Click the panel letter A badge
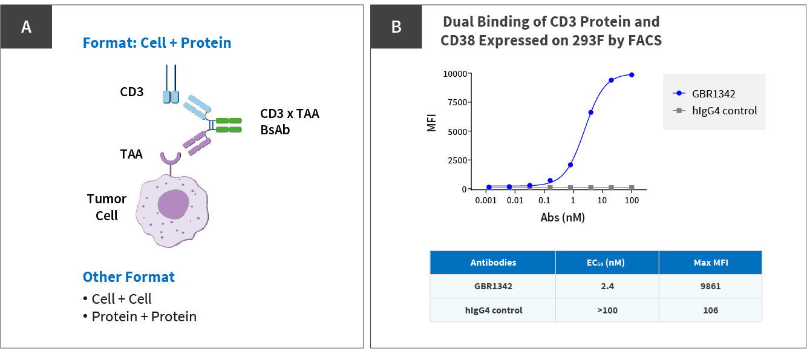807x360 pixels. [x=26, y=27]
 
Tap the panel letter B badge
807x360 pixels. [x=396, y=27]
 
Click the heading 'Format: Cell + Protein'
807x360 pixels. [x=157, y=43]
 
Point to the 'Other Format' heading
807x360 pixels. [x=129, y=277]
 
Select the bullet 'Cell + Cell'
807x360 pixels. [x=122, y=299]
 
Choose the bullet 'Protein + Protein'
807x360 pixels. [x=144, y=316]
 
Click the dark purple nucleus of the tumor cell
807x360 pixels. [x=173, y=203]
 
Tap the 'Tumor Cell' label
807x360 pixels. [x=106, y=206]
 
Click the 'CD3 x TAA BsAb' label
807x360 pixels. [x=289, y=121]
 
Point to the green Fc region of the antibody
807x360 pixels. [x=229, y=125]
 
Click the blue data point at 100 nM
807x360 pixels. [x=632, y=75]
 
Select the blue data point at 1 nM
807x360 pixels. [x=570, y=165]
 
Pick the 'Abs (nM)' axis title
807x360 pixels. [x=563, y=218]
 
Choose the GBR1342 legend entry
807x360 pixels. [x=714, y=93]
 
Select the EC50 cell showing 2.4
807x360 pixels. [x=607, y=286]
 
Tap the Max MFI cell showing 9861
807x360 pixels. [x=710, y=286]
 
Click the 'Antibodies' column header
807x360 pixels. [x=493, y=263]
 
